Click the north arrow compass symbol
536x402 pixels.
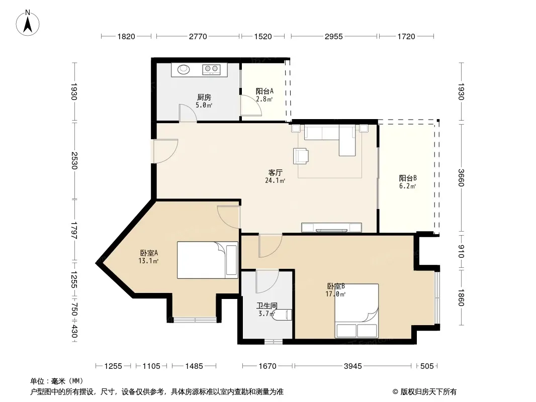click(28, 23)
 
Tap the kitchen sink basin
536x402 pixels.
click(184, 69)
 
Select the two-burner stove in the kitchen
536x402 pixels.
click(211, 69)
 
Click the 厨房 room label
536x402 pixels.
click(204, 97)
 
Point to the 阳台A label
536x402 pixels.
click(264, 91)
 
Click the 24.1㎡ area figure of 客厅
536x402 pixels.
click(275, 181)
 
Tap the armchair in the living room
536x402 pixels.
click(301, 156)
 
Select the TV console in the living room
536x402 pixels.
click(331, 228)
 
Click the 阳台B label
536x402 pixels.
click(408, 178)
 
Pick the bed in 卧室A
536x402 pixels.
click(207, 260)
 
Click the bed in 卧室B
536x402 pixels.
click(356, 311)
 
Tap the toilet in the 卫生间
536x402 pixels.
click(283, 314)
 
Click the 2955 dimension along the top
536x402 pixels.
click(334, 36)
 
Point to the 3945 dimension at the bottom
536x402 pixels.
click(353, 366)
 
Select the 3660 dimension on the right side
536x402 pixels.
click(461, 178)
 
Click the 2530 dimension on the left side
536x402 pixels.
click(74, 160)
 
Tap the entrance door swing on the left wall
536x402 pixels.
click(165, 151)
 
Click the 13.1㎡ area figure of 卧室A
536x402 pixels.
click(148, 261)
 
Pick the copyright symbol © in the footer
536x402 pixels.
click(395, 392)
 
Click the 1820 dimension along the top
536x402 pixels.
click(126, 36)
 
